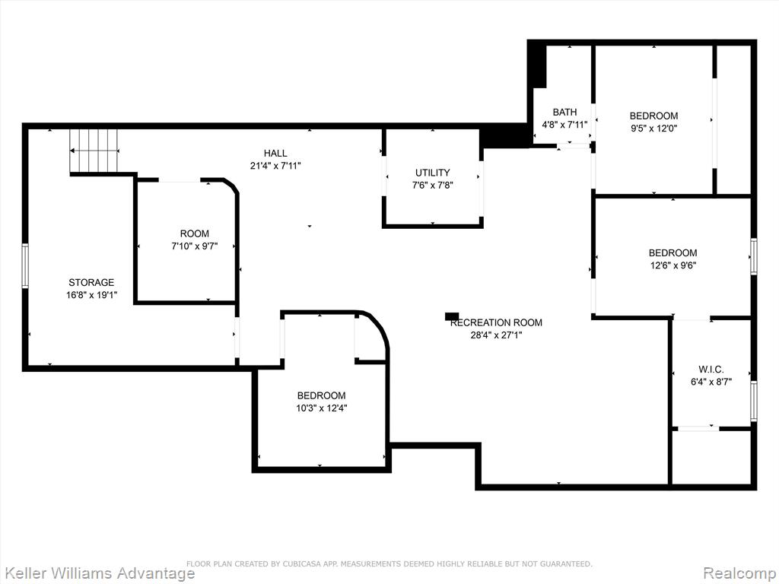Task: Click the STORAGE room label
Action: tap(91, 283)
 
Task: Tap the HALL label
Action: tap(275, 154)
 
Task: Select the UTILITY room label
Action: tap(433, 173)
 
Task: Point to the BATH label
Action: tap(565, 113)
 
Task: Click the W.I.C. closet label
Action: tap(711, 370)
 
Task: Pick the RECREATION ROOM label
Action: tap(496, 322)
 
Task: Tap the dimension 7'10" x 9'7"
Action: tap(195, 246)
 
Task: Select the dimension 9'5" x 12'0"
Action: tap(653, 128)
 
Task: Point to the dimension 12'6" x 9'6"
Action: tap(673, 265)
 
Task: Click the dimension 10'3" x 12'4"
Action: tap(322, 408)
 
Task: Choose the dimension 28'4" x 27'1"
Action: tap(496, 335)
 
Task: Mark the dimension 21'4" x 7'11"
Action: tap(275, 166)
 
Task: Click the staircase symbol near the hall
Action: tap(94, 151)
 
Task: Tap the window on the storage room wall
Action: tap(25, 266)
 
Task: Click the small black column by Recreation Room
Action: tap(452, 316)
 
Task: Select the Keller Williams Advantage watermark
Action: tap(97, 573)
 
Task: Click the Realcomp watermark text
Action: tap(740, 573)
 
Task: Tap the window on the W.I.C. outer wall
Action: tap(754, 401)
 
